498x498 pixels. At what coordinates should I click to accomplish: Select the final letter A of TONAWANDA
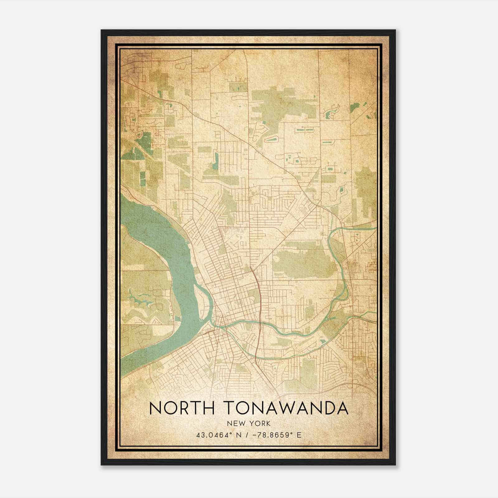[x=342, y=408]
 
